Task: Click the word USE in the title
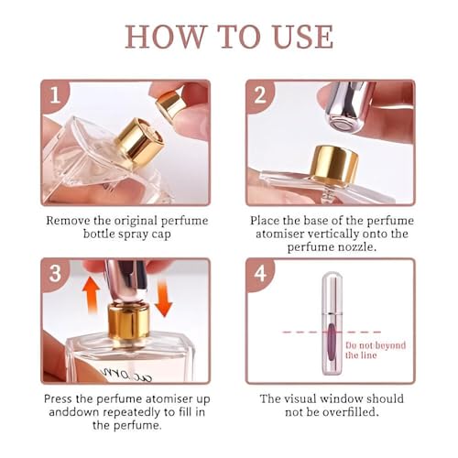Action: pos(298,37)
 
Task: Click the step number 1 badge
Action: pos(55,95)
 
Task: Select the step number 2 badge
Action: pos(260,95)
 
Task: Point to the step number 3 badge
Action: pos(55,273)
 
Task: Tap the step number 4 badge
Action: pos(260,273)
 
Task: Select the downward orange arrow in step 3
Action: pos(164,299)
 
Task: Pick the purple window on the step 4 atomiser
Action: pos(332,343)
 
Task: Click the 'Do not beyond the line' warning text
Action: pos(376,350)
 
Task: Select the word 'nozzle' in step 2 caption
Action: pos(356,246)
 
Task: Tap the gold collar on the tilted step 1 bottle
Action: pos(139,140)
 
